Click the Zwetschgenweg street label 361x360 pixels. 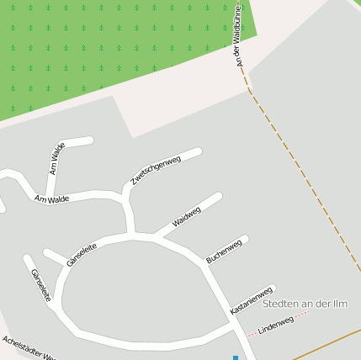pos(157,171)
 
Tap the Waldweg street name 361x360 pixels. pos(187,216)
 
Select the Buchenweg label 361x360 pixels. pos(224,251)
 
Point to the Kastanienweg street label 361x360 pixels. pos(252,300)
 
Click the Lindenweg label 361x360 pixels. pos(275,325)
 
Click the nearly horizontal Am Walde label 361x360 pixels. pos(51,199)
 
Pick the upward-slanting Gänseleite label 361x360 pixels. pos(82,254)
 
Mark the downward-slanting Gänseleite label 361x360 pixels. pos(41,285)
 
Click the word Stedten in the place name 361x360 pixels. pos(284,304)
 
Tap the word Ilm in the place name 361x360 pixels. pos(342,304)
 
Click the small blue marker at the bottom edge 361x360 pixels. pos(236,357)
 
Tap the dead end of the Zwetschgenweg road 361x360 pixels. pos(198,152)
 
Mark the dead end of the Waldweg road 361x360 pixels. pos(219,197)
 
